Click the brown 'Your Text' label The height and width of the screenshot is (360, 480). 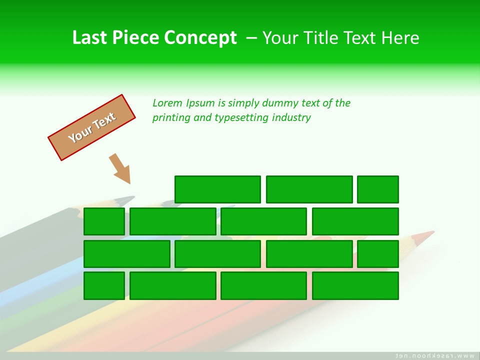coord(91,127)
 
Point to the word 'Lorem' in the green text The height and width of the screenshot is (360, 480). coord(167,103)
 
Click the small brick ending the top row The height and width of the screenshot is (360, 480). coord(377,189)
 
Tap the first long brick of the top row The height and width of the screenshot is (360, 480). coord(217,189)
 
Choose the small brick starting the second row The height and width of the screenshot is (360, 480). coord(104,221)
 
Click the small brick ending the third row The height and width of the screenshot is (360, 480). coord(377,254)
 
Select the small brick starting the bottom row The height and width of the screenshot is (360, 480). coord(104,285)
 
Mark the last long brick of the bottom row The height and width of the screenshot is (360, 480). coord(355,285)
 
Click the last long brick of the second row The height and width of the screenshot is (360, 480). coord(355,221)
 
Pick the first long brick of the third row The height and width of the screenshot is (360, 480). coord(127,254)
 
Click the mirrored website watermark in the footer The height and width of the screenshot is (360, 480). coord(434,355)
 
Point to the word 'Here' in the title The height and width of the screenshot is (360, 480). coord(400,37)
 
